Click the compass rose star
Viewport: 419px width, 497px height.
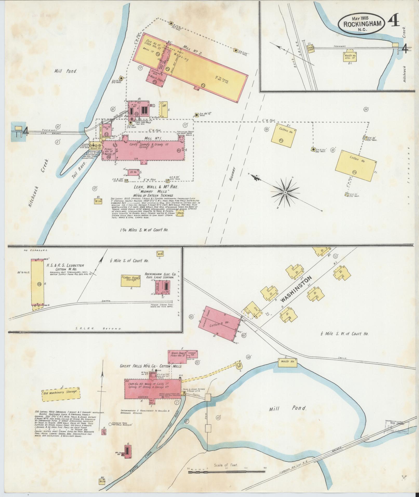pyautogui.click(x=285, y=192)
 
